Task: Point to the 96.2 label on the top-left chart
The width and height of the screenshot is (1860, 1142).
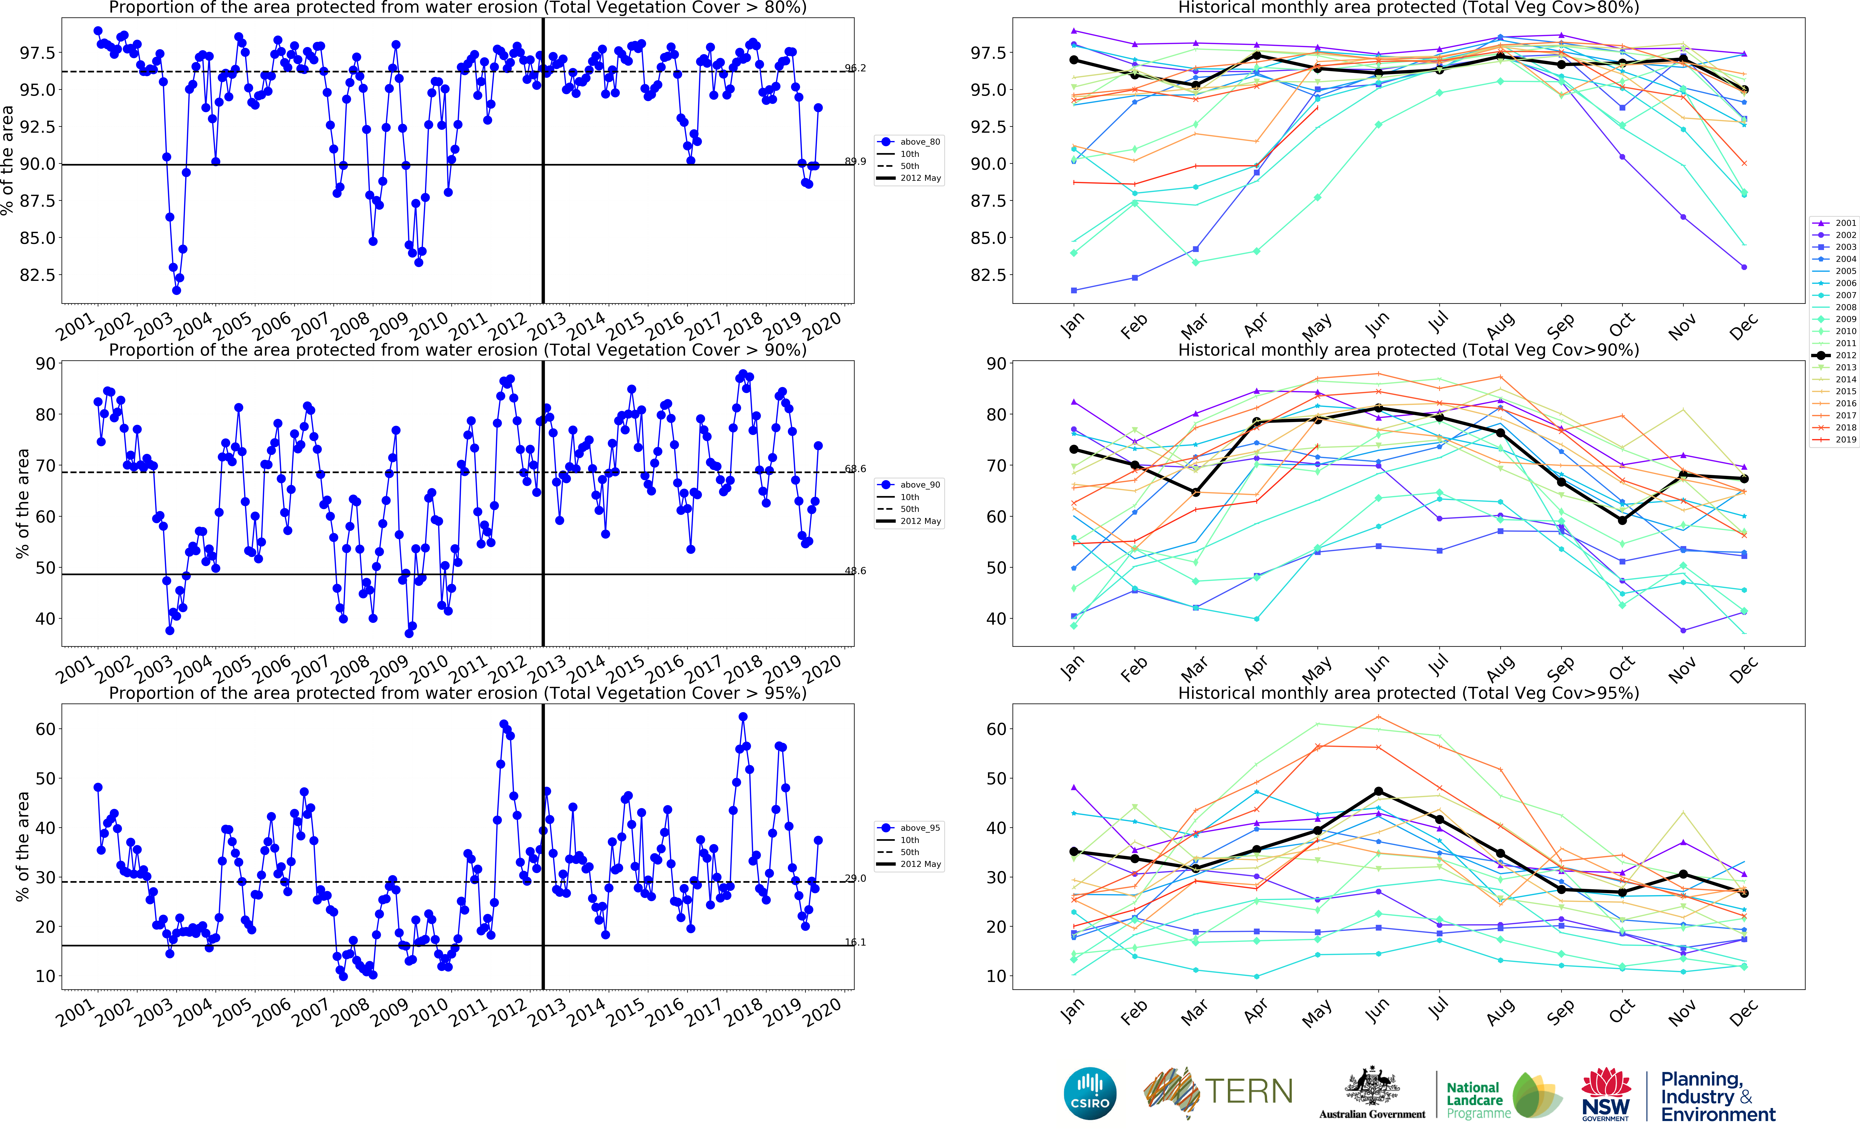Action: (x=855, y=68)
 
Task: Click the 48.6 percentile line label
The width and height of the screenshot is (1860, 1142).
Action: (x=855, y=570)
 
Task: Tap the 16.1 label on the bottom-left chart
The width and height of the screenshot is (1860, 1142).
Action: (x=855, y=942)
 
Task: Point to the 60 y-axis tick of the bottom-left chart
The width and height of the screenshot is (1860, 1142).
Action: (x=45, y=729)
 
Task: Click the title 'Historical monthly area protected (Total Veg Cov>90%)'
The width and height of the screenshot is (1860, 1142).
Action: (x=1408, y=350)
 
